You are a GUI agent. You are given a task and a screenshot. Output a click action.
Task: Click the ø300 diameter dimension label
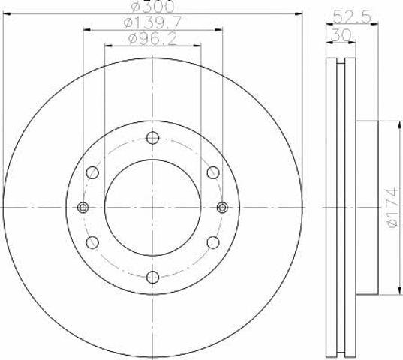click(x=152, y=6)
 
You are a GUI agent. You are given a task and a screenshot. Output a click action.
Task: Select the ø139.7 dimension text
click(x=152, y=22)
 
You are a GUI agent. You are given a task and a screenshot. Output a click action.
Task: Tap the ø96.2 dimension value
click(x=152, y=39)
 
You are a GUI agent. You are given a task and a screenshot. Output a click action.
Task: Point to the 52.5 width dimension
click(x=352, y=17)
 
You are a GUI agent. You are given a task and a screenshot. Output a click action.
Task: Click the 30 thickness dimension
click(x=341, y=35)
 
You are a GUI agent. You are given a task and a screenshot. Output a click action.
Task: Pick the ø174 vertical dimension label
click(x=392, y=208)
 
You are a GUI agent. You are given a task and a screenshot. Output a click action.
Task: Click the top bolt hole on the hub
click(x=152, y=138)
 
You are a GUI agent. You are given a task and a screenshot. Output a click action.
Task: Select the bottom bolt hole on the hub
click(x=152, y=277)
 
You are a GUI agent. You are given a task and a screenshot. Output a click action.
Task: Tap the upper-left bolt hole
click(x=92, y=172)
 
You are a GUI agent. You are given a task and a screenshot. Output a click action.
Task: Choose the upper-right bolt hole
click(x=213, y=172)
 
